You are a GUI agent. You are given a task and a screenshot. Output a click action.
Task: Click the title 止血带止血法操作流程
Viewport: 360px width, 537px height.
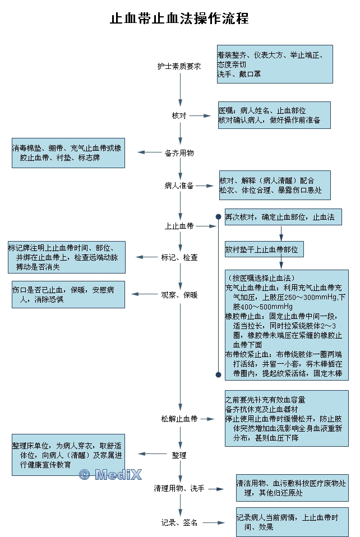179,18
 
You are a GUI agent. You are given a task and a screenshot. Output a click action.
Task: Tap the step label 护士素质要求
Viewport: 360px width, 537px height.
179,66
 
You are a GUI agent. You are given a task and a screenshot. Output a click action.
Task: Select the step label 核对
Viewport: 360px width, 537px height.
179,115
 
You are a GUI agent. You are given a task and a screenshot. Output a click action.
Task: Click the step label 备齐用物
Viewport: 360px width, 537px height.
179,152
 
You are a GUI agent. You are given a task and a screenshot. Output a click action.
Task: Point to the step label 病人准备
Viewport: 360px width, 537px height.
179,186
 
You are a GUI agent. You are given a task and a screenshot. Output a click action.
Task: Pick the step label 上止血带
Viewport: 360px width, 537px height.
179,226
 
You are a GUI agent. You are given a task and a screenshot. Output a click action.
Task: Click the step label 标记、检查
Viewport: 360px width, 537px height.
179,257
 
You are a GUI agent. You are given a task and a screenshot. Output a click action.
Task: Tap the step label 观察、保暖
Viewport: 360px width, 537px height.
179,294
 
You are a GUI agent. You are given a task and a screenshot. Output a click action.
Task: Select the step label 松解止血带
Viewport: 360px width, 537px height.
179,419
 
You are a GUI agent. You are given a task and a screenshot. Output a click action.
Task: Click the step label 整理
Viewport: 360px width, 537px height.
179,455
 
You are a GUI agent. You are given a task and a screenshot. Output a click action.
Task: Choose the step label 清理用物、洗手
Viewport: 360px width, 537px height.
179,489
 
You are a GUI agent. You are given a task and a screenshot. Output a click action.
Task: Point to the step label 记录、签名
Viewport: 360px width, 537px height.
179,522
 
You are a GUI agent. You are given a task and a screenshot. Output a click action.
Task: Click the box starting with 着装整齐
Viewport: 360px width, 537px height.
275,64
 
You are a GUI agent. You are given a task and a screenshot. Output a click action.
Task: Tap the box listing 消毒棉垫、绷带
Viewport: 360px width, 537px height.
68,152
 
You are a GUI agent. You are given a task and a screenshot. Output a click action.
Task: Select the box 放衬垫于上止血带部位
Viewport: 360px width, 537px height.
264,249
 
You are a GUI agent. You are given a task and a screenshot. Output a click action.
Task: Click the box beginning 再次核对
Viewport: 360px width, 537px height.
283,217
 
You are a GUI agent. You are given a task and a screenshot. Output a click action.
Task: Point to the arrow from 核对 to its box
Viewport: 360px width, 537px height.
196,115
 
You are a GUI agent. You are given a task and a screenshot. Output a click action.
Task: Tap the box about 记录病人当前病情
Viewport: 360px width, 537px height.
292,522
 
